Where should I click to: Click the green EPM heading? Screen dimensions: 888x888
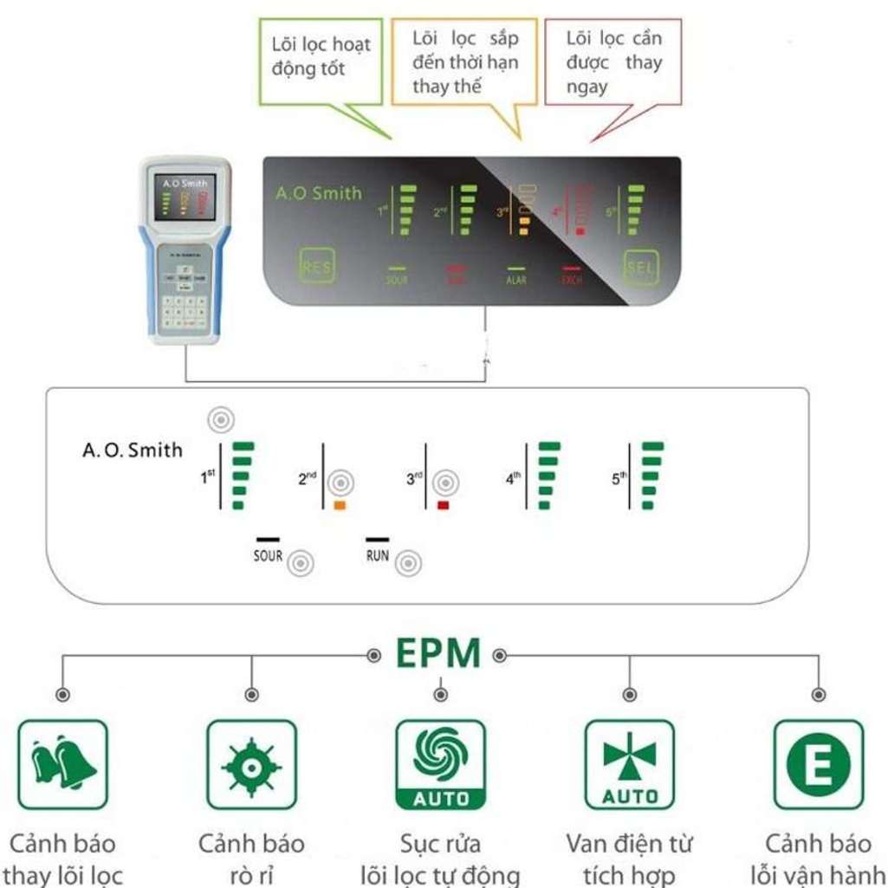pos(438,654)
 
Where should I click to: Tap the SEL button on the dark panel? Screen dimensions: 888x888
pos(640,268)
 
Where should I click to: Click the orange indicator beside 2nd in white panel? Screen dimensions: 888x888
pos(340,504)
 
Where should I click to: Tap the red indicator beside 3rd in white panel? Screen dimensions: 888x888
pos(444,504)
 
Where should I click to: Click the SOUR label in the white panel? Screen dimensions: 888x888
pos(268,555)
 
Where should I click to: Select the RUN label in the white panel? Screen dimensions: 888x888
pos(378,555)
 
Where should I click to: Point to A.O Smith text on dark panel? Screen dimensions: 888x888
pos(318,193)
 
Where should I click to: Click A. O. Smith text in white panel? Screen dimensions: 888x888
pos(133,450)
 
